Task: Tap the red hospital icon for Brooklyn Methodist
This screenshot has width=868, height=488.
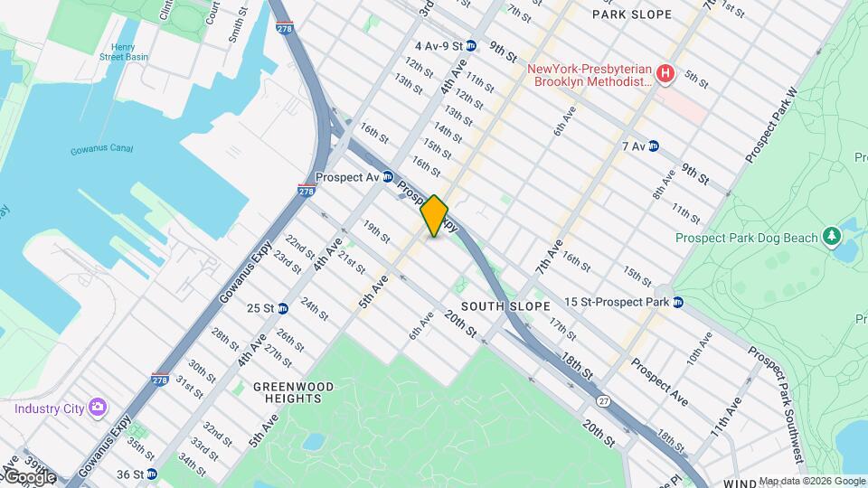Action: click(x=665, y=72)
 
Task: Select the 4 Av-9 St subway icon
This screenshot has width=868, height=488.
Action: click(x=471, y=45)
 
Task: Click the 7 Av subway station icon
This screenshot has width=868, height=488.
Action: click(x=654, y=145)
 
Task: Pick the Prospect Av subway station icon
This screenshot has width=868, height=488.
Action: click(x=388, y=177)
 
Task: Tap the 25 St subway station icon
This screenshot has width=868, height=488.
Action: click(x=283, y=308)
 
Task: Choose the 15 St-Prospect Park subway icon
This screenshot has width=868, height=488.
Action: click(x=677, y=301)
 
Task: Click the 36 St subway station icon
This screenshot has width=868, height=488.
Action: click(x=151, y=474)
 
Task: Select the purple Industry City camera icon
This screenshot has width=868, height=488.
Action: click(x=97, y=408)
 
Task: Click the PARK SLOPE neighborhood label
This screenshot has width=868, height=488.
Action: click(x=645, y=14)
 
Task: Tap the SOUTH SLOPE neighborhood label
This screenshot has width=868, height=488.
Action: click(x=505, y=306)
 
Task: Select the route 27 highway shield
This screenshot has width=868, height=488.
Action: click(x=603, y=399)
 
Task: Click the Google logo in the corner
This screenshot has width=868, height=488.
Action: click(x=29, y=476)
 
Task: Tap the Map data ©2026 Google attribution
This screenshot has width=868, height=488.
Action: click(x=811, y=481)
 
